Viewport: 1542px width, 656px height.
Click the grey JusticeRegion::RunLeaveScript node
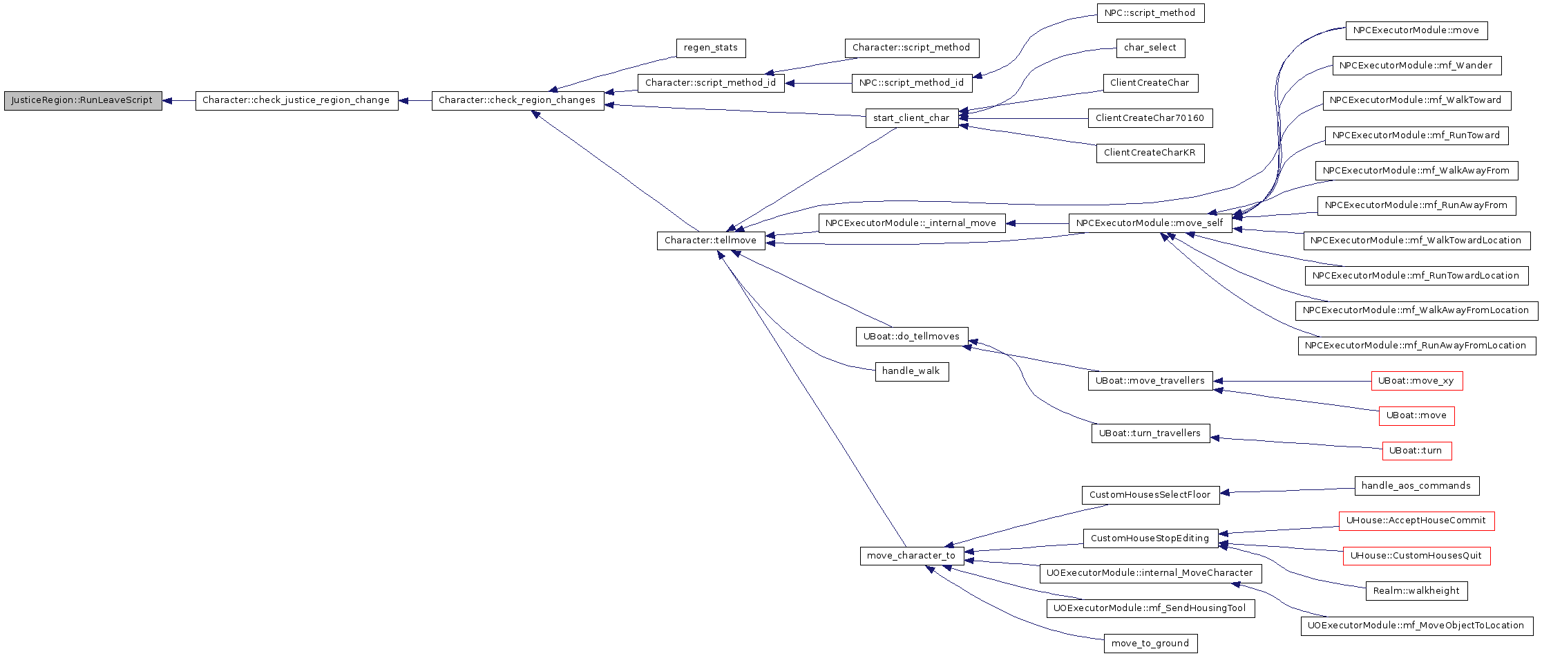(83, 100)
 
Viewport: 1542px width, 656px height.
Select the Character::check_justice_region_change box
(296, 100)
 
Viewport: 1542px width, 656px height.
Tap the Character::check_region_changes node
(517, 100)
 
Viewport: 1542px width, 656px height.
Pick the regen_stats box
(711, 48)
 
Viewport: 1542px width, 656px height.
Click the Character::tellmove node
(711, 241)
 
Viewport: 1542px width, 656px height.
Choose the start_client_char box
(911, 118)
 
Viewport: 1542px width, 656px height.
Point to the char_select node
(1150, 48)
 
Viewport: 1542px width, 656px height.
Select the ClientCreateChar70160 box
(1150, 118)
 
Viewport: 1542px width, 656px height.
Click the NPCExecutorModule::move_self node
(1150, 223)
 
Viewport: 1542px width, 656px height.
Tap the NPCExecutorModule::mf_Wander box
(1416, 66)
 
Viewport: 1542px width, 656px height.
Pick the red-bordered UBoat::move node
(1416, 415)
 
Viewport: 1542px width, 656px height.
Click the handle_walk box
(911, 371)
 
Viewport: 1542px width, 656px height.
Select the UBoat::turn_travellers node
(1150, 433)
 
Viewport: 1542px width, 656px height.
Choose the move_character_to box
(911, 556)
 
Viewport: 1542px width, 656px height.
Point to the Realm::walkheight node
(1416, 591)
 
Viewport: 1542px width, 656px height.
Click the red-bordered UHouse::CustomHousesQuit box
(1416, 556)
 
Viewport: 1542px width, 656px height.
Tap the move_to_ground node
(1150, 644)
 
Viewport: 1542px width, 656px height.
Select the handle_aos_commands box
(1416, 486)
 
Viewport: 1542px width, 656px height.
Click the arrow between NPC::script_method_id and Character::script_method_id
(819, 83)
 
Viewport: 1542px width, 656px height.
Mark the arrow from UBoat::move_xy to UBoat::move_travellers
(1292, 381)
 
